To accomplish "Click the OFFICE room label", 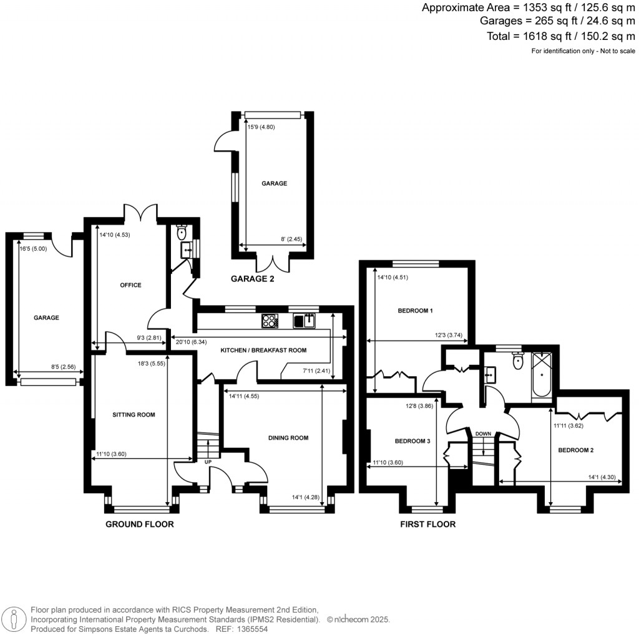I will pos(130,285).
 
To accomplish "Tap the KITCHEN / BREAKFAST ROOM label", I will pos(263,351).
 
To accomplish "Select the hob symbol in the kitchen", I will pos(270,321).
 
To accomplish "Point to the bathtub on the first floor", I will pos(542,376).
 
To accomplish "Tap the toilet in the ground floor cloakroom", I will pos(182,233).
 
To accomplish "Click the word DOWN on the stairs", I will pos(483,434).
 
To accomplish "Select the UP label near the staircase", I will pos(207,462).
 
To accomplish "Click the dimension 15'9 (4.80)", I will pos(261,127).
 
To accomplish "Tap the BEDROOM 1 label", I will pos(415,311).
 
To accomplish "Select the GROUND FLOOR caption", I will pos(139,524).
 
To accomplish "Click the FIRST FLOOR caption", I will pos(427,524).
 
